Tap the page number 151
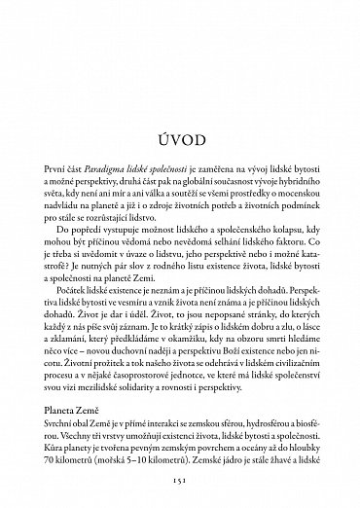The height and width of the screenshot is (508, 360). (x=180, y=479)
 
